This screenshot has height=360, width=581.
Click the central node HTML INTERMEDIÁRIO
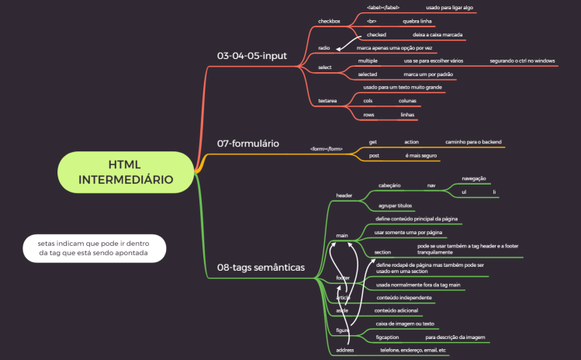126,171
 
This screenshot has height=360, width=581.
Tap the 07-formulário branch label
248,144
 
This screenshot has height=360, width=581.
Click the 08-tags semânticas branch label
261,268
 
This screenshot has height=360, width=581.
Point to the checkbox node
329,22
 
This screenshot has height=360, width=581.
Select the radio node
324,48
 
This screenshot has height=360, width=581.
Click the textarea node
327,101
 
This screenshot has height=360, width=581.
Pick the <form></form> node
326,148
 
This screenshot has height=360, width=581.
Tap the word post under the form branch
373,155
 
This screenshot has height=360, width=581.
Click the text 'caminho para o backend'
473,142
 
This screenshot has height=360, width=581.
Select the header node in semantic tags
344,196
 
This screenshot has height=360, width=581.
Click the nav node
431,185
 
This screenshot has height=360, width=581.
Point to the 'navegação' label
473,178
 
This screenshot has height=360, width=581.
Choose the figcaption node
387,337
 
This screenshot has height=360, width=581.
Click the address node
344,351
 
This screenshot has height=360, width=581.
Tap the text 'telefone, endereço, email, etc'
413,350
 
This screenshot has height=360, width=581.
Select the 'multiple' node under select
368,60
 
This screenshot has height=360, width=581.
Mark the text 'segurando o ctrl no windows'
522,60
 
